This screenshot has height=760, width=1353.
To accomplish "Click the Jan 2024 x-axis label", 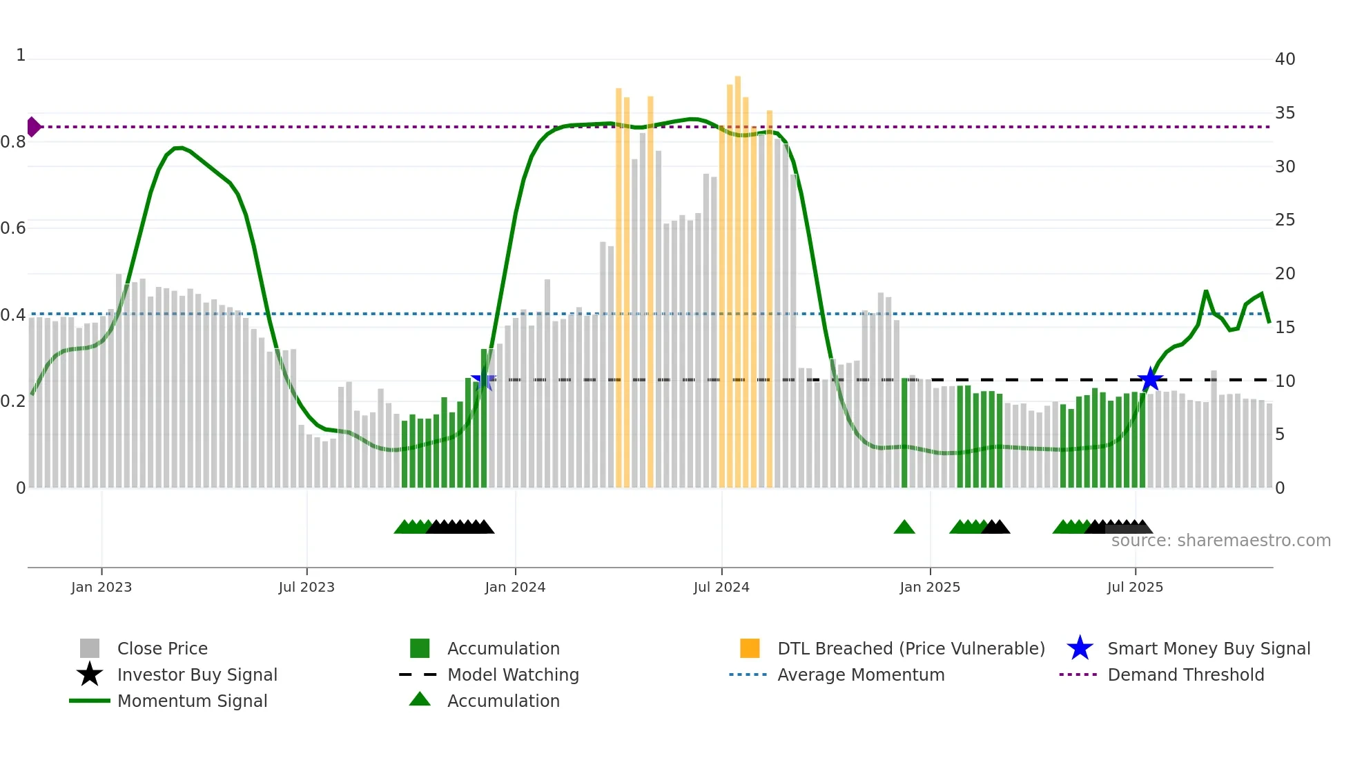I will coord(515,587).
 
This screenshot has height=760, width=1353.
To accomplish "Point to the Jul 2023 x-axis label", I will coord(306,587).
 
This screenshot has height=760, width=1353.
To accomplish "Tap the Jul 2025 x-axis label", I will coord(1135,587).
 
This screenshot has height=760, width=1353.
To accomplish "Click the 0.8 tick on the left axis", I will coord(13,142).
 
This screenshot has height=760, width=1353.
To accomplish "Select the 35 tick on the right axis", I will coord(1285,112).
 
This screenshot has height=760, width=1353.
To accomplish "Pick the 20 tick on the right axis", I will coord(1285,273).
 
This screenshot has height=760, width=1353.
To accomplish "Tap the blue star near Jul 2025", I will coord(1150,379).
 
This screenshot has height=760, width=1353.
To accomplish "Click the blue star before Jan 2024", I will coord(483,379).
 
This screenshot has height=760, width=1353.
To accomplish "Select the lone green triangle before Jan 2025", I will coord(904,528).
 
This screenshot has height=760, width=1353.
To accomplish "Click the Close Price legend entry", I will coord(162,648).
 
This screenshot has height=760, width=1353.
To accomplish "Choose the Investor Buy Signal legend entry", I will coord(197,674).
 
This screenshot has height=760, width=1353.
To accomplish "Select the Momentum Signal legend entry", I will coord(192,701).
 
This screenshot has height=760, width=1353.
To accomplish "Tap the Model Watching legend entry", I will coord(513,674).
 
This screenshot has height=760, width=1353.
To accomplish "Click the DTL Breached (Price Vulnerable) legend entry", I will coord(911,648).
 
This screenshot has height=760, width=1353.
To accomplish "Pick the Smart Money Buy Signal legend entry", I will coord(1208,648).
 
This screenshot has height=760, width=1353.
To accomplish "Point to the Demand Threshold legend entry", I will coord(1185,674).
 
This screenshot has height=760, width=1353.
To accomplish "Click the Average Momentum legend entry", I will coord(860,674).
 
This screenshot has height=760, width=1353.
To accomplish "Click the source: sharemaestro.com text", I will coord(1220,541).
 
